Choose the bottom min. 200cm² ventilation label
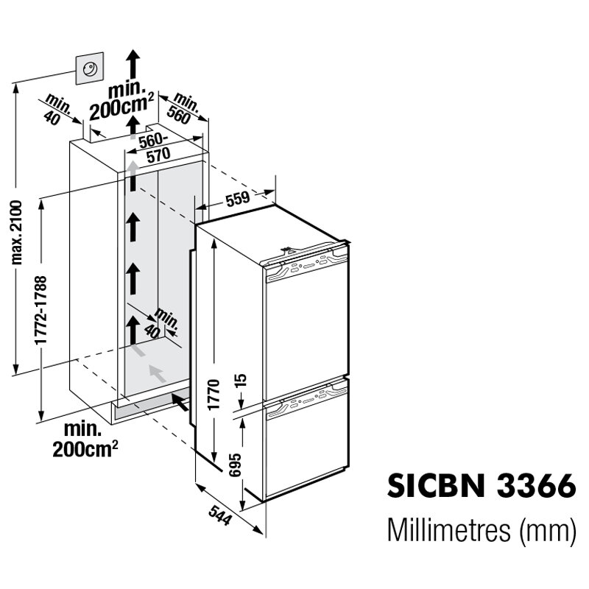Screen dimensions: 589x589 coord(87,440)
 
